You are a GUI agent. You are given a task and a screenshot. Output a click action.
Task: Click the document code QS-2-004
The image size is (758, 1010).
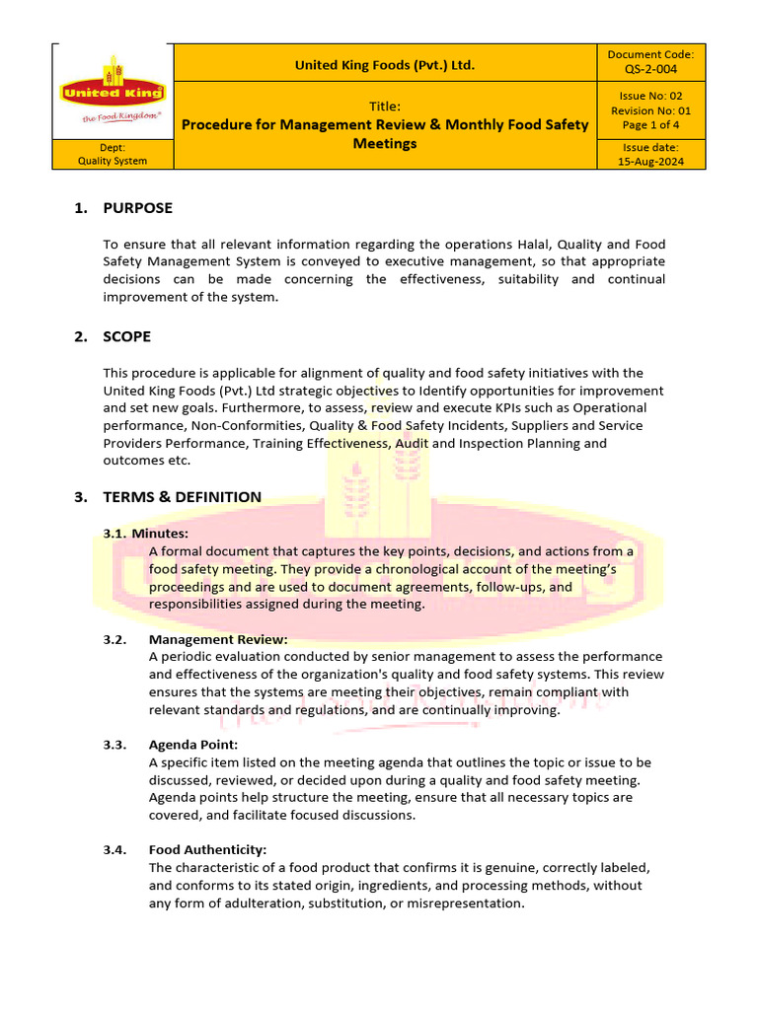(x=650, y=69)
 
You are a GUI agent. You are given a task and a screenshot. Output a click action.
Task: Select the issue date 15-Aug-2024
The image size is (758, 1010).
(x=650, y=161)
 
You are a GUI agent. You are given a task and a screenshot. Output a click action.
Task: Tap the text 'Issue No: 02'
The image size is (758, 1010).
(x=650, y=96)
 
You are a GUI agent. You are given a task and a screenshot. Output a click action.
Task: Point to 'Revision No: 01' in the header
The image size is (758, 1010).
(x=650, y=110)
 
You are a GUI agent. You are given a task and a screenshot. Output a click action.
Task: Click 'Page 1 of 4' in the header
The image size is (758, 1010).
(x=650, y=125)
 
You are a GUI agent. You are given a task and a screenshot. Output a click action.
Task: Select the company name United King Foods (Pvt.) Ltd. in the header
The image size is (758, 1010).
(x=385, y=65)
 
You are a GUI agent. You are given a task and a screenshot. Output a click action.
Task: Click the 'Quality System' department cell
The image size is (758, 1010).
(x=113, y=161)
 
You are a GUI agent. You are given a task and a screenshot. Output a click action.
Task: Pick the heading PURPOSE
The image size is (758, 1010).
(x=137, y=208)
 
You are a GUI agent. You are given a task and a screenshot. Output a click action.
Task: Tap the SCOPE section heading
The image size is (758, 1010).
(x=126, y=336)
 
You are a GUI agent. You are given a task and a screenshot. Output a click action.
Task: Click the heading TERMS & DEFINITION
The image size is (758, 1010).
(x=182, y=497)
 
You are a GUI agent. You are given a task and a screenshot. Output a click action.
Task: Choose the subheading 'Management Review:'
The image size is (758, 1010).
(x=218, y=639)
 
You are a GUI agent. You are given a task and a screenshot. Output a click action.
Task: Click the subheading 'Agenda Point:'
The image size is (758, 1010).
(x=193, y=745)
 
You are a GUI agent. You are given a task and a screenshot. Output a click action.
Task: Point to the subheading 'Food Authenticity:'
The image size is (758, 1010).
(x=207, y=849)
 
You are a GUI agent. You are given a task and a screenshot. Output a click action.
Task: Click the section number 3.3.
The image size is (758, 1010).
(x=114, y=745)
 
